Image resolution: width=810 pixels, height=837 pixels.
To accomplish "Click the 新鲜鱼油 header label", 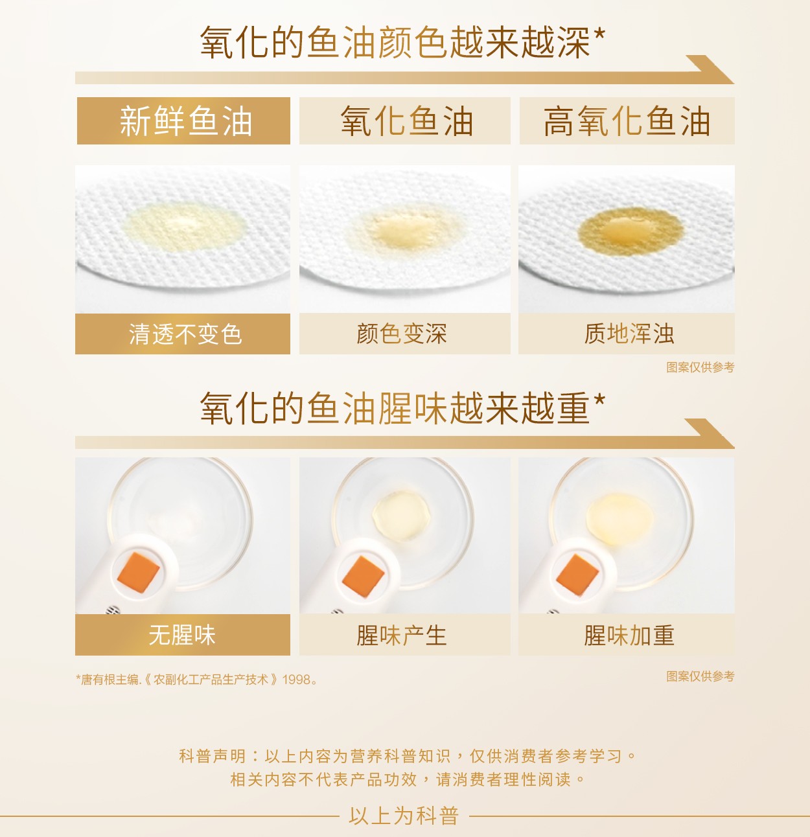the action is (x=185, y=121).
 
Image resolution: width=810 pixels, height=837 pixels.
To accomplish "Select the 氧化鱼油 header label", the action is (x=406, y=121).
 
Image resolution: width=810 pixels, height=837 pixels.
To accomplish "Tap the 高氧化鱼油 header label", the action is (x=627, y=121).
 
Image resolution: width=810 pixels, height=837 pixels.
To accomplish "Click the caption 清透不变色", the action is (x=185, y=334).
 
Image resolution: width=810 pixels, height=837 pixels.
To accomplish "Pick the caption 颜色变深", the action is (x=402, y=334).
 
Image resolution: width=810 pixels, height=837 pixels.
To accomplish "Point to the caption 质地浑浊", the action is (x=629, y=334).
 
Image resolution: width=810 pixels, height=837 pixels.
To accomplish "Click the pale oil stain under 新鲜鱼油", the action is (x=184, y=228).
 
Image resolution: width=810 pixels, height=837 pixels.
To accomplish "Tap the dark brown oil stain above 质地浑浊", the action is (x=631, y=232).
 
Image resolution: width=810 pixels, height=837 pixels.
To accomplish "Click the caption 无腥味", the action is (x=182, y=635).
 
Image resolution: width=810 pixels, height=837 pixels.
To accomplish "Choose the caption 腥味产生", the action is (x=402, y=636).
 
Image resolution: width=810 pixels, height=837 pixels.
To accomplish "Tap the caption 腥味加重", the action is (x=629, y=636).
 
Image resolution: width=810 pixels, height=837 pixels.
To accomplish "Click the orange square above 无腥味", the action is (x=139, y=573).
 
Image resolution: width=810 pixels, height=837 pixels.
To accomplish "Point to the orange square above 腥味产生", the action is (x=364, y=577).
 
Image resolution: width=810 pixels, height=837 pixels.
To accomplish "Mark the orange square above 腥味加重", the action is (x=577, y=575).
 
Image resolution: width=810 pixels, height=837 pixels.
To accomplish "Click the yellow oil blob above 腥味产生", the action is (x=401, y=515).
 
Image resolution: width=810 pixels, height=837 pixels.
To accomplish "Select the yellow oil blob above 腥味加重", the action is (x=620, y=520).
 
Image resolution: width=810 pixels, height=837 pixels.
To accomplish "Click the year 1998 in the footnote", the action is (x=296, y=680).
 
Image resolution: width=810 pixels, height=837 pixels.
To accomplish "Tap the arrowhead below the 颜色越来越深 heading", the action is (x=710, y=69).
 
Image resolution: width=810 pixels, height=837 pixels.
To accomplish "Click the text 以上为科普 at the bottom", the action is (x=404, y=816).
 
